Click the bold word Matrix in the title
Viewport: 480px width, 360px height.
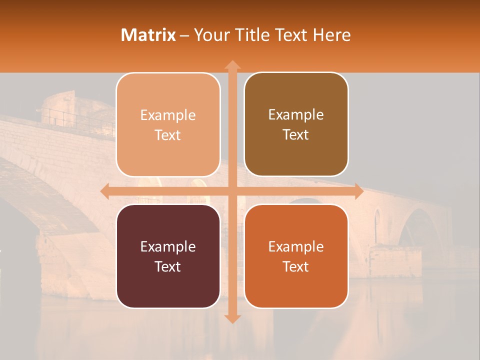[x=148, y=35]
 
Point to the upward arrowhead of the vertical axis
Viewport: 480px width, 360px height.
[x=232, y=65]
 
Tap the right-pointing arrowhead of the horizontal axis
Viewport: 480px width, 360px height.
[x=358, y=191]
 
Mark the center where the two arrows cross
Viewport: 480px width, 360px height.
[x=232, y=191]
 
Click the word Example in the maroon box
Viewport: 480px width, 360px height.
[x=168, y=246]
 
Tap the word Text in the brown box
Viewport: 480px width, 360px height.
[x=296, y=135]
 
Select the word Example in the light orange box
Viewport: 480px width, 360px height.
[x=168, y=115]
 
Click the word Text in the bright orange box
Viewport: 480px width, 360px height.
[x=296, y=266]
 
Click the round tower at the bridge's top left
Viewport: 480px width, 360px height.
[x=57, y=107]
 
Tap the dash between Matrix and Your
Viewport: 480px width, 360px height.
[x=184, y=35]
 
